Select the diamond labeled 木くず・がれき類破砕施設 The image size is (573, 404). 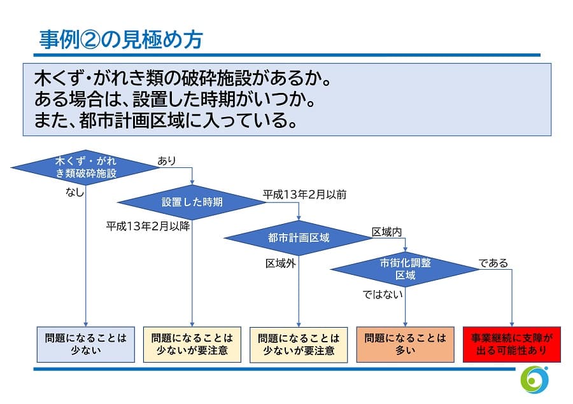coord(85,168)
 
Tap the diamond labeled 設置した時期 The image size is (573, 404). coord(192,202)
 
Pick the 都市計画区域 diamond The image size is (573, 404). coord(299,238)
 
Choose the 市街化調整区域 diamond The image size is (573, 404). coord(405,269)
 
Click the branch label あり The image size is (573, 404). coord(167,162)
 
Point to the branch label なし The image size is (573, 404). coord(74,192)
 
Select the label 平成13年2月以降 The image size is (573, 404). coord(148,225)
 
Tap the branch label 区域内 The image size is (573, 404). coord(386,232)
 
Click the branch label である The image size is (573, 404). coord(493,262)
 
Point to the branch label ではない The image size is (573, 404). coord(383,294)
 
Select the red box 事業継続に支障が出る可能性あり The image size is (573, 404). coord(512,344)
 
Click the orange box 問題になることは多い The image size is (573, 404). coord(405,344)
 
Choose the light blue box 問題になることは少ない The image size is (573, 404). coord(85,344)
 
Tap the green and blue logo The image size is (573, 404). coord(534,380)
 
